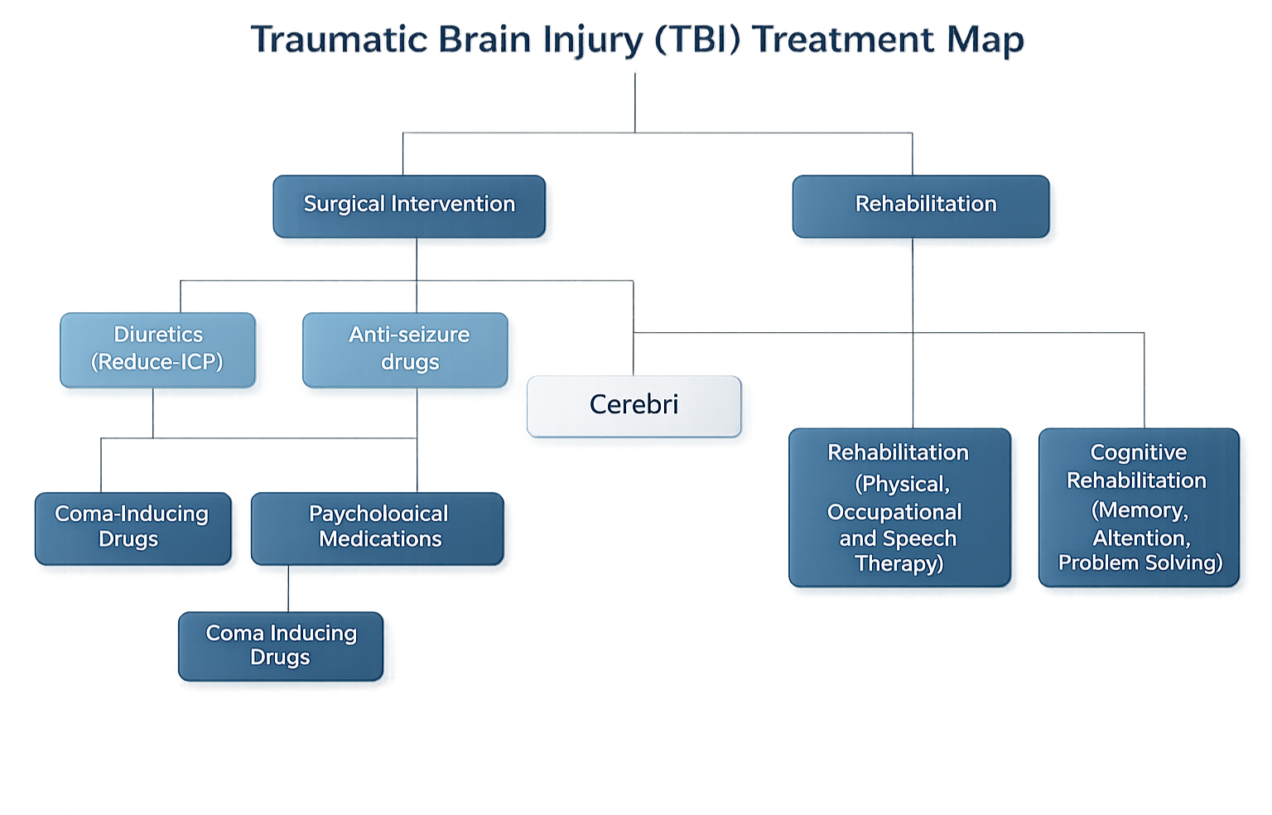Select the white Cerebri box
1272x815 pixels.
point(634,405)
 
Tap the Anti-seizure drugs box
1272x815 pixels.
point(408,349)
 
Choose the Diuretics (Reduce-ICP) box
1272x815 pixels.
point(157,349)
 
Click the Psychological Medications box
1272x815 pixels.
point(379,527)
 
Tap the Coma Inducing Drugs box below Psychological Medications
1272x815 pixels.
point(281,645)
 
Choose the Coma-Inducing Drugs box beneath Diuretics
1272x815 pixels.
point(131,527)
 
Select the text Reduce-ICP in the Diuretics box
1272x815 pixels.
point(157,363)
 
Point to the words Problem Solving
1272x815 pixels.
point(1140,563)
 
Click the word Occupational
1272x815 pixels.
point(894,513)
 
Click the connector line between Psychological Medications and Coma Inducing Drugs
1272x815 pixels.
point(289,589)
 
